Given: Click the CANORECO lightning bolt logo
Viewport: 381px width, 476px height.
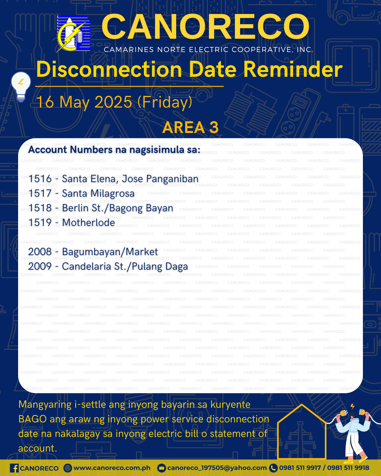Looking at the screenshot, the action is tap(73, 34).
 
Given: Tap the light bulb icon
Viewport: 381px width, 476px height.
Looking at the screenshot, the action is tap(21, 87).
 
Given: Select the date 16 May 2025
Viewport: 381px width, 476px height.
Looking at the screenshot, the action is tap(84, 102).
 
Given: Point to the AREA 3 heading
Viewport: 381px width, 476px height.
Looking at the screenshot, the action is tap(190, 127).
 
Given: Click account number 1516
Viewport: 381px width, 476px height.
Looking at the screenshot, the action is tap(40, 179).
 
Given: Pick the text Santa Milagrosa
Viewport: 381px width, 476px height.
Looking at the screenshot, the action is tap(98, 194).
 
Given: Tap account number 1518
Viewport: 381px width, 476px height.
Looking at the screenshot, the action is tap(40, 208).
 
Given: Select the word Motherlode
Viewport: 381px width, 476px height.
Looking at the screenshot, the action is tap(89, 222).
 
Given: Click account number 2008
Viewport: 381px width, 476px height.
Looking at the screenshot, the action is tap(40, 252).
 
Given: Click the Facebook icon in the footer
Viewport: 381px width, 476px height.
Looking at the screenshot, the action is tap(14, 468).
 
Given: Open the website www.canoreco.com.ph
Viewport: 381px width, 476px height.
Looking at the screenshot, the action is tap(112, 468).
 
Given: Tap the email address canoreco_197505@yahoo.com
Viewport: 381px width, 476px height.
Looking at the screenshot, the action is tap(217, 468).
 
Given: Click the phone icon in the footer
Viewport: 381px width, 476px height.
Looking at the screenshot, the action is tap(273, 468).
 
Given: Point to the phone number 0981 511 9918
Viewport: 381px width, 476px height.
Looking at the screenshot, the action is tap(348, 468).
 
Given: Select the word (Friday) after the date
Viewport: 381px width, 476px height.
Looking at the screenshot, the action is tap(165, 102).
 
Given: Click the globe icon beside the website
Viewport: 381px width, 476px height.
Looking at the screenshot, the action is tap(68, 468).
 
